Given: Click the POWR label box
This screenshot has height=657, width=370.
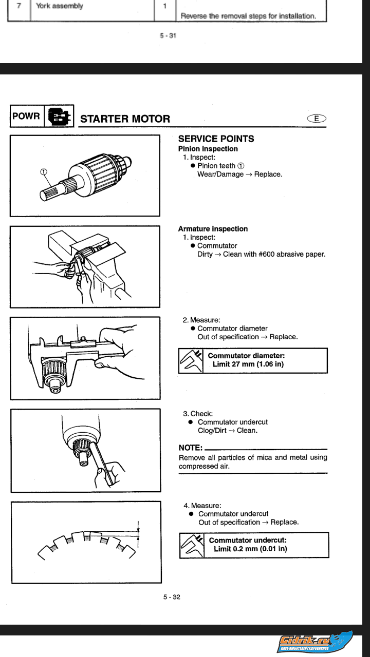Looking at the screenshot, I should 26,116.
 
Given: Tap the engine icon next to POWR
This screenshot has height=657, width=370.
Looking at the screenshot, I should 59,117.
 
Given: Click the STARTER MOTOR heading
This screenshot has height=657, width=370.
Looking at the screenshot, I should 125,119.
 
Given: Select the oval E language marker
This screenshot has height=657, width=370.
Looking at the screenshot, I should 317,119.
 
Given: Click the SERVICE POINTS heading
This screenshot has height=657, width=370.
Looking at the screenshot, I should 216,139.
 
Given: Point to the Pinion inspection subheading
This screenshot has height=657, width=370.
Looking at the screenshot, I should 208,149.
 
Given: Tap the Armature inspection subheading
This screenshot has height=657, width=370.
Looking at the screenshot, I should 213,229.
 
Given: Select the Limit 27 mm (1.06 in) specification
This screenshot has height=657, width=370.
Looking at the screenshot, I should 248,364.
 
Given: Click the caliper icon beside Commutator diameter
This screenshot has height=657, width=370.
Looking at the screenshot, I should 191,361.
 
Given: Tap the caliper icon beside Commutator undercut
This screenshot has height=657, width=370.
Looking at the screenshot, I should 192,545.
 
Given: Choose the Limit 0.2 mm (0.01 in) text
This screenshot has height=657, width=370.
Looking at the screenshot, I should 250,549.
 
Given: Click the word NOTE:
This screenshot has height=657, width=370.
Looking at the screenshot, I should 190,448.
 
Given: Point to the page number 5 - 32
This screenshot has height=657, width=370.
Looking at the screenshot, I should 172,597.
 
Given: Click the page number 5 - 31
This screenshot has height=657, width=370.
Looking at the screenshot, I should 168,36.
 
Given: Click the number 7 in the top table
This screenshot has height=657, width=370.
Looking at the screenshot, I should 18,7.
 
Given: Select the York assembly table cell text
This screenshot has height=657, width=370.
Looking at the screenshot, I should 60,7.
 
